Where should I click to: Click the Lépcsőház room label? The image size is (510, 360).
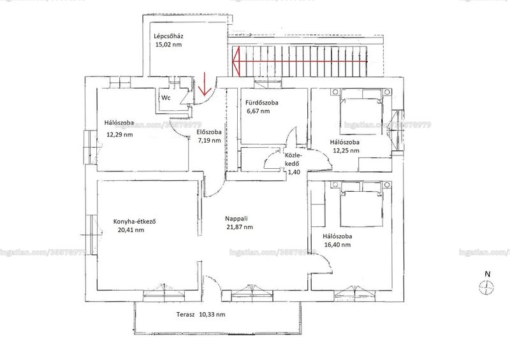click(166, 36)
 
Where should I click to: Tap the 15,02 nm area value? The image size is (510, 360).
click(168, 45)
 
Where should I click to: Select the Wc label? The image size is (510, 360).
click(166, 97)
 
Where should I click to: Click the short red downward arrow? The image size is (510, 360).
click(205, 84)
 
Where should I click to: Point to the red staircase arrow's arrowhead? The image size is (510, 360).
click(236, 61)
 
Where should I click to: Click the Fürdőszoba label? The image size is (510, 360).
click(262, 103)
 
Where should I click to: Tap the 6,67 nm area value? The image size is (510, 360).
click(259, 112)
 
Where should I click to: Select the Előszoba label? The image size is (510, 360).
click(209, 132)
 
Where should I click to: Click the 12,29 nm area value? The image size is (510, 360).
click(120, 134)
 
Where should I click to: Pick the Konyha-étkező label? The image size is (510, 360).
click(135, 222)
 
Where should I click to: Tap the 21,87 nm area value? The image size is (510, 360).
click(240, 227)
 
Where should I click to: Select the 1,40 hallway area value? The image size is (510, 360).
click(294, 173)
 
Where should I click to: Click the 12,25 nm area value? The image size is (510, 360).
click(346, 150)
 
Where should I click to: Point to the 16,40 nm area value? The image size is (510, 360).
click(338, 245)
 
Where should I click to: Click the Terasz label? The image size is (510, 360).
click(186, 315)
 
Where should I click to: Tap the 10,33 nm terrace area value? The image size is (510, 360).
click(212, 315)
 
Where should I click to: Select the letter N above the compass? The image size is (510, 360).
click(488, 274)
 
